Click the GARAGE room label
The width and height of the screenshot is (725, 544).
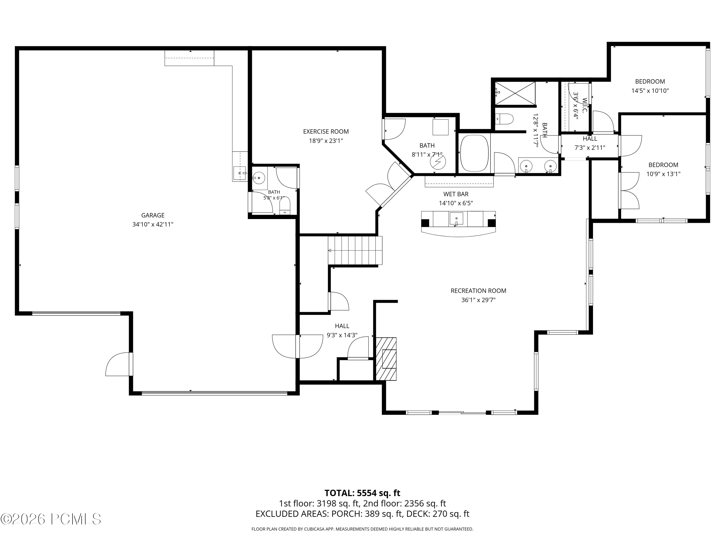coord(153,215)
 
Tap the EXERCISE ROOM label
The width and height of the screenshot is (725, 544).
coord(326,132)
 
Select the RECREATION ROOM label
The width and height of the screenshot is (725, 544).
coord(478,291)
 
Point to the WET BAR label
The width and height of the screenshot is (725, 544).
coord(456,194)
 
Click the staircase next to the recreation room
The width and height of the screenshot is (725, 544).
coord(355,250)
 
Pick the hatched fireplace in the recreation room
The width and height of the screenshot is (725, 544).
coord(386,359)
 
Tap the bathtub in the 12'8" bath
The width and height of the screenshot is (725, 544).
coord(474,153)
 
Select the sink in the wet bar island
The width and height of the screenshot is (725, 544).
coord(456,218)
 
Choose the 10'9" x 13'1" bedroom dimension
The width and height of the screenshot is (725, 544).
coord(663,174)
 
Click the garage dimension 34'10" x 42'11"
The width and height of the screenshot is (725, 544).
coord(153,225)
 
